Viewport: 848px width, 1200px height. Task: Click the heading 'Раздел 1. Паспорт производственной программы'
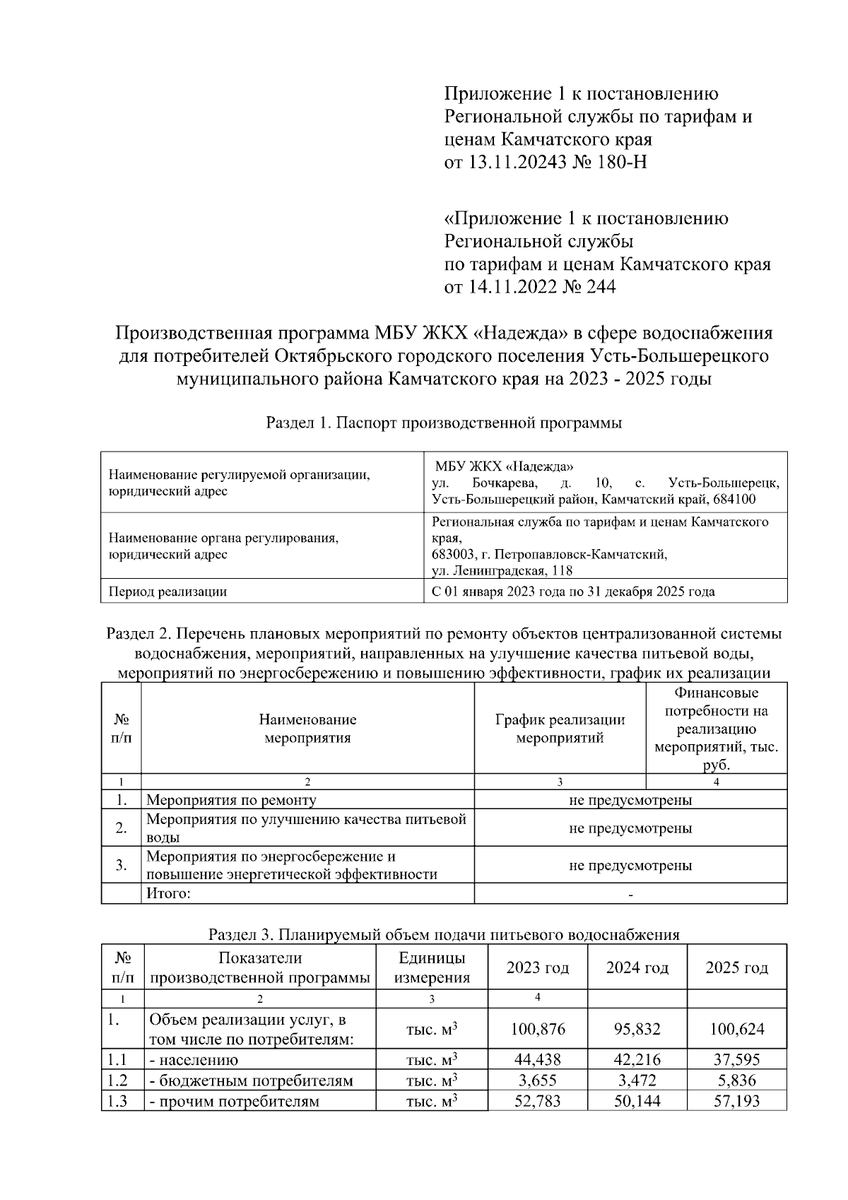tap(444, 423)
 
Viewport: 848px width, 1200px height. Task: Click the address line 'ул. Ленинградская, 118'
tap(502, 570)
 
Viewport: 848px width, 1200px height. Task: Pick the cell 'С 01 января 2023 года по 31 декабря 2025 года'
tap(572, 592)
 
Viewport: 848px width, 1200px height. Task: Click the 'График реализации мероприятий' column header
tap(560, 729)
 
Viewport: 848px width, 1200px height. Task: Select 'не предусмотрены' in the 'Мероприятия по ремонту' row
tap(630, 800)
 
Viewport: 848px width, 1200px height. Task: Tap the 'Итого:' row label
tap(168, 893)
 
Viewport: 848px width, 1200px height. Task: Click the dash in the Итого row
tap(630, 895)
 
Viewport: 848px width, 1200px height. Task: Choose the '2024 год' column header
tap(637, 967)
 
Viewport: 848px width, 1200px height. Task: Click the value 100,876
tap(538, 1029)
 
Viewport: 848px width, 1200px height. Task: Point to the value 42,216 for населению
tap(637, 1060)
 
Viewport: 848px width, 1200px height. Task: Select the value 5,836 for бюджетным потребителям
tap(736, 1081)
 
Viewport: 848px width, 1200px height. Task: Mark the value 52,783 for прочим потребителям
tap(538, 1101)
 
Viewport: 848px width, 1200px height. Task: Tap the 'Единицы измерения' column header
tap(432, 967)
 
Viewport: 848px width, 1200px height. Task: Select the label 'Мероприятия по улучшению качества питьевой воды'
tap(306, 828)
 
